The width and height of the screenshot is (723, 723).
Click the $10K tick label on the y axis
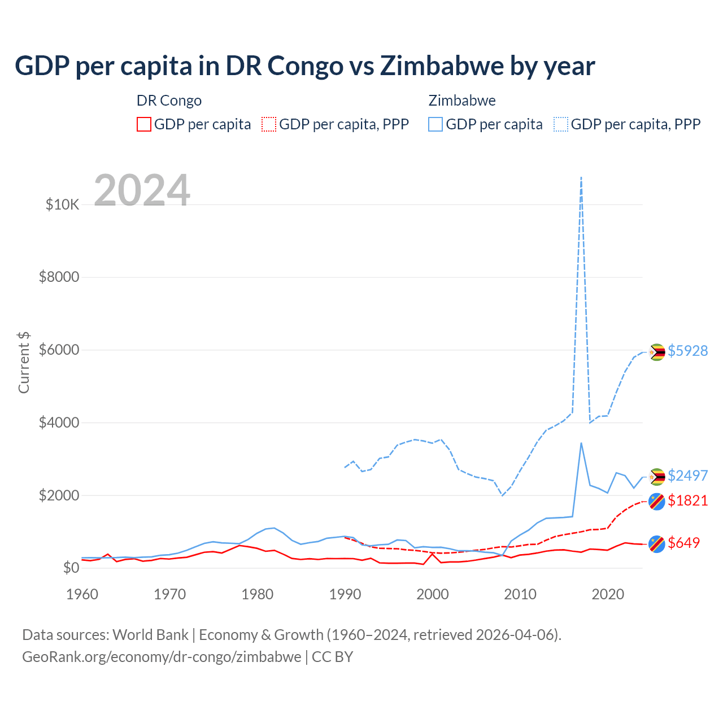click(62, 204)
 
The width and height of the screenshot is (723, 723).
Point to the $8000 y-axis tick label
click(59, 277)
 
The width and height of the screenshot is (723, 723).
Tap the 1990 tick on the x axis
click(345, 594)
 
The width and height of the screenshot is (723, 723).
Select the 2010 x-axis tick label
click(520, 594)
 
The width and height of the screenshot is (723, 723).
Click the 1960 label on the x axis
click(82, 594)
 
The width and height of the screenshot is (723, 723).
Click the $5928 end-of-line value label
click(687, 351)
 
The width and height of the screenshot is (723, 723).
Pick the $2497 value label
click(687, 476)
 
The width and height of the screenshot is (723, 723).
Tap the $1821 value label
click(687, 500)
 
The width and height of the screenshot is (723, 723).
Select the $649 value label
click(683, 543)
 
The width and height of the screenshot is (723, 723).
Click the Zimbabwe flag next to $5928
click(656, 352)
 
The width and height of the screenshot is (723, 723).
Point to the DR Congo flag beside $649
click(656, 543)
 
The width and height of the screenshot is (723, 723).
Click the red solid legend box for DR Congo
click(144, 124)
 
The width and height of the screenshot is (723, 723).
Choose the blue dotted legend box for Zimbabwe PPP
click(561, 124)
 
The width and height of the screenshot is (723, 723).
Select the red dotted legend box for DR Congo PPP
click(269, 124)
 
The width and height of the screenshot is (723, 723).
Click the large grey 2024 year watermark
click(142, 190)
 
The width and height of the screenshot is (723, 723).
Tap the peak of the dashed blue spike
click(581, 177)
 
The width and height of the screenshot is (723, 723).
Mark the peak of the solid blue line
click(581, 443)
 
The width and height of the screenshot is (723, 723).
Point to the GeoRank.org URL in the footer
click(162, 657)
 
